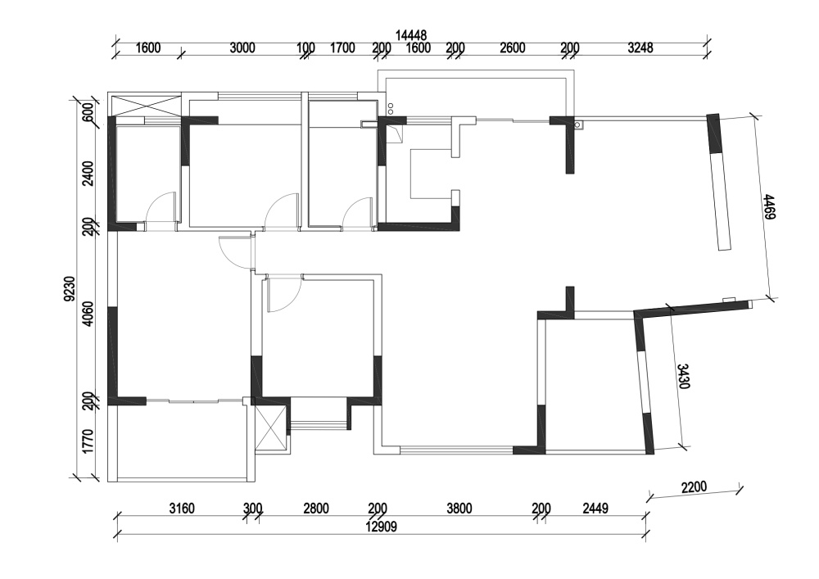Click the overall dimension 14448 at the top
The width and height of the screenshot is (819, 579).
coord(411,35)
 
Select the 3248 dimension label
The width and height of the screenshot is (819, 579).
coord(640,48)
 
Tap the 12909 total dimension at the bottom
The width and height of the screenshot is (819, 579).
coord(382,527)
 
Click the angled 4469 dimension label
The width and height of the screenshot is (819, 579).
coord(768,206)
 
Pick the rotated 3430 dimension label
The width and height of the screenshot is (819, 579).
coord(684,376)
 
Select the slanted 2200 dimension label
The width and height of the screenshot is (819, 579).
coord(694,487)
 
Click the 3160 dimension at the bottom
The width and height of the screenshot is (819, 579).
coord(182,508)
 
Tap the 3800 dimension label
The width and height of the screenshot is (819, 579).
coord(459,508)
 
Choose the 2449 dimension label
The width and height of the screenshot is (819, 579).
coord(595,508)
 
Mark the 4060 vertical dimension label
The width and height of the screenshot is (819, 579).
coord(88,314)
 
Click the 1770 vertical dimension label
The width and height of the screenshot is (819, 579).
coord(88,441)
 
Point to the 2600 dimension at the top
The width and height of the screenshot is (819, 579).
coord(513,48)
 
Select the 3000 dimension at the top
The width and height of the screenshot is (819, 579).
coord(242,48)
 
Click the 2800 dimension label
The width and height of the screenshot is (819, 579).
coord(316,508)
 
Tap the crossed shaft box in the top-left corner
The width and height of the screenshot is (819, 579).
coord(145,106)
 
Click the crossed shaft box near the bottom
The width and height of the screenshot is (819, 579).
coord(270,427)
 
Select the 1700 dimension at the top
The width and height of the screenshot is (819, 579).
coord(342,48)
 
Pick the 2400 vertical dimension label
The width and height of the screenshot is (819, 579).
coord(88,174)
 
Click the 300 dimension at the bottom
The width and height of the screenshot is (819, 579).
coord(253,508)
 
